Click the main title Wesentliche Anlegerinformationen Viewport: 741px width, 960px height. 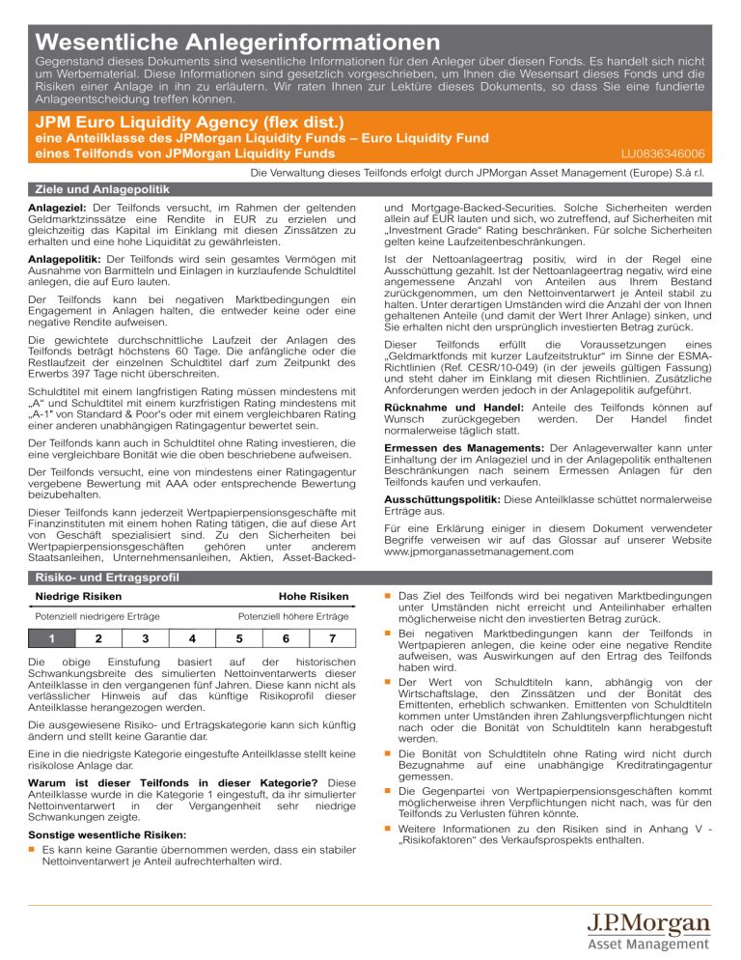[x=236, y=42]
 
